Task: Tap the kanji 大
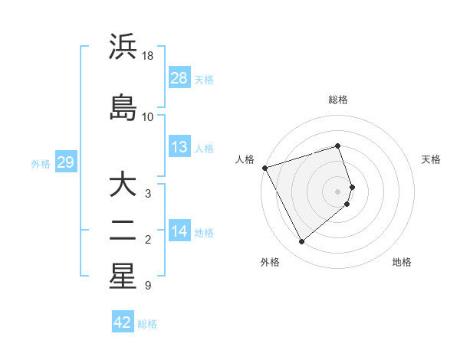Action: [122, 185]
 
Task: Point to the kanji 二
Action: [122, 230]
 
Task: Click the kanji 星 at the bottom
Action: [122, 276]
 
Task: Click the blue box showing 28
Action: [179, 78]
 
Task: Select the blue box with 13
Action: [179, 147]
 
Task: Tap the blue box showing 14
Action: [179, 231]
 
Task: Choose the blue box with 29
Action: [65, 162]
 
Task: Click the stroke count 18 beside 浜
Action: [148, 56]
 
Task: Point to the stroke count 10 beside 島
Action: [148, 117]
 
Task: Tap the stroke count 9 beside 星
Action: [147, 286]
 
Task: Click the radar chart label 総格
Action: [338, 100]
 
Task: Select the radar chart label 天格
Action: [431, 159]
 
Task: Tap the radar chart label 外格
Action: [270, 262]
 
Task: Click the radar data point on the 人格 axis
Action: [264, 168]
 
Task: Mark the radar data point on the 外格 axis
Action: [301, 241]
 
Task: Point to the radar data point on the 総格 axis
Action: [338, 146]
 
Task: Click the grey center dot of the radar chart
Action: [338, 191]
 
